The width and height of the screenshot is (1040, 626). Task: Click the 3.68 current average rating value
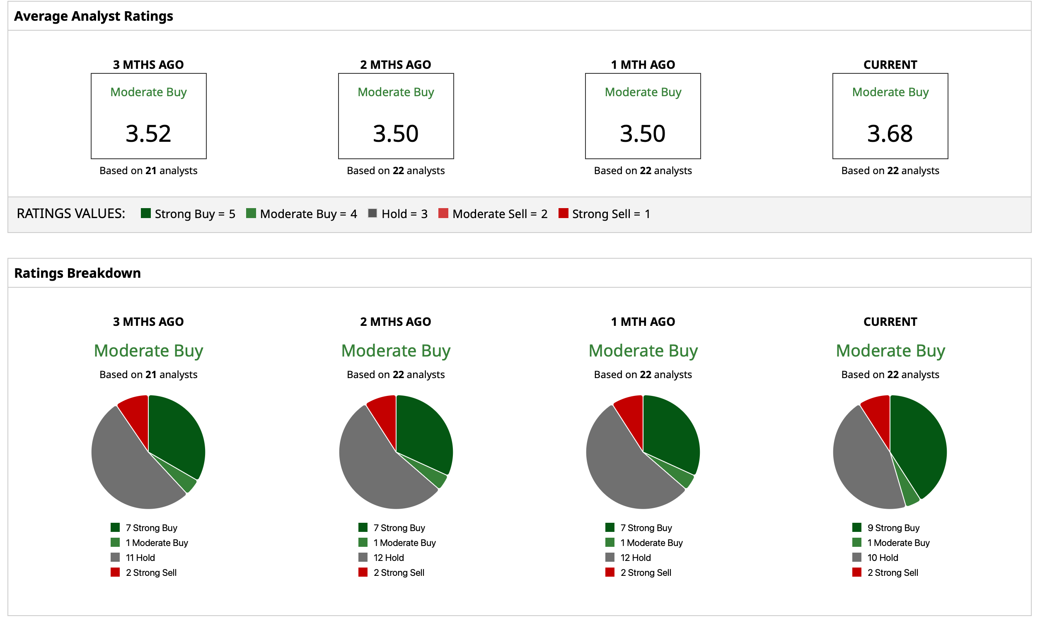point(890,134)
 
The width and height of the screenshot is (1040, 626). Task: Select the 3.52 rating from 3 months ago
point(148,134)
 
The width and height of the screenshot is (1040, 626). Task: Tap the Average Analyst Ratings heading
point(94,16)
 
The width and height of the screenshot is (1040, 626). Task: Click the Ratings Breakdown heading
point(77,273)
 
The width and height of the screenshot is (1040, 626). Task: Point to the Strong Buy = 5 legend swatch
point(146,213)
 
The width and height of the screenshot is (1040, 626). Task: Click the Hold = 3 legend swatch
point(372,213)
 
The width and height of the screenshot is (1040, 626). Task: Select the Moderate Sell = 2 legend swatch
point(443,213)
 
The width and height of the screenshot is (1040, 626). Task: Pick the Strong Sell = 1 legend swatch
point(563,213)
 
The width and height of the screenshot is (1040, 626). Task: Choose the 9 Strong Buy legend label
point(893,528)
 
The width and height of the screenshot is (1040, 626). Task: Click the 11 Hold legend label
point(140,558)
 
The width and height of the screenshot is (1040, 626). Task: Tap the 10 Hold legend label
point(882,558)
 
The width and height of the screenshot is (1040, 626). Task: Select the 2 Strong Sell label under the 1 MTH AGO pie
point(646,573)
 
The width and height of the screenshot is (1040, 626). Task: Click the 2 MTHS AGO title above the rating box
point(395,65)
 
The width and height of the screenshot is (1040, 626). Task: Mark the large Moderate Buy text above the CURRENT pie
point(890,351)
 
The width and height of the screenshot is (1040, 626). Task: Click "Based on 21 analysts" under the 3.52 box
point(148,170)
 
